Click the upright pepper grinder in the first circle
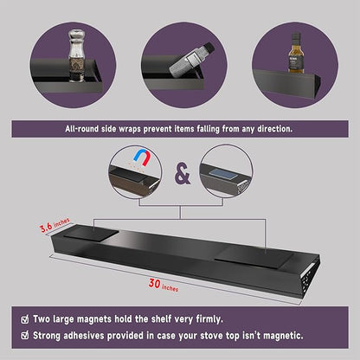click(x=76, y=55)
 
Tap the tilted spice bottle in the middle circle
click(x=190, y=61)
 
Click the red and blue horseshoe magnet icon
click(x=142, y=158)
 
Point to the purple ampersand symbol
click(x=183, y=174)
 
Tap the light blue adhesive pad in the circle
click(x=222, y=174)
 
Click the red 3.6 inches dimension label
click(x=55, y=225)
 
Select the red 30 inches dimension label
click(x=164, y=285)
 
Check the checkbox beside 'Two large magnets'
click(x=25, y=319)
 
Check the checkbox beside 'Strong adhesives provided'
click(x=25, y=336)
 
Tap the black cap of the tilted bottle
click(x=209, y=48)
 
